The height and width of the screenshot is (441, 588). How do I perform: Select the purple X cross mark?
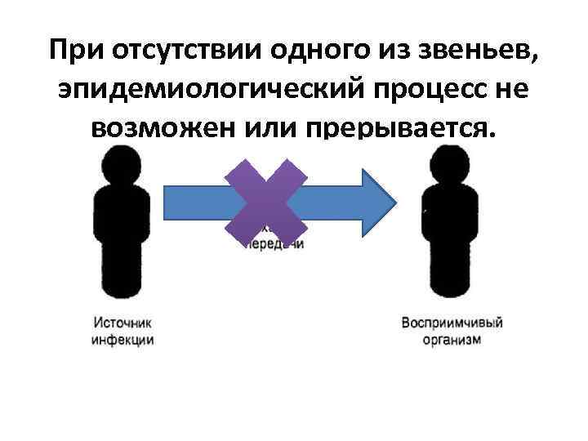point(266,203)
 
